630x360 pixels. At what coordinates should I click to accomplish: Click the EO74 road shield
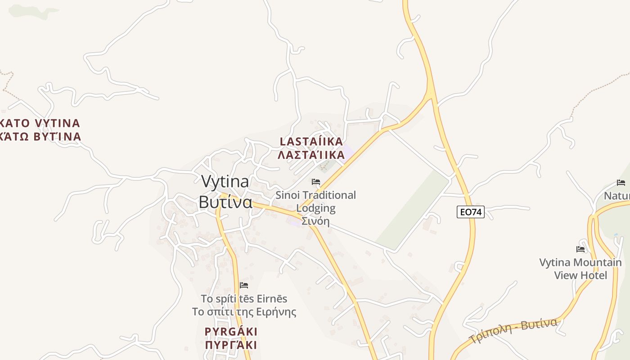pos(470,212)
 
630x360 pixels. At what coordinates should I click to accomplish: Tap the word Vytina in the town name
pos(225,181)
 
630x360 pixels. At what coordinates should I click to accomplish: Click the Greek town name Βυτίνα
pos(225,202)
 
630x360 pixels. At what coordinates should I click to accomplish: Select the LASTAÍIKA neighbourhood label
pos(311,141)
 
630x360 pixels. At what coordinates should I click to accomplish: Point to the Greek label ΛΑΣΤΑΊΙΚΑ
pos(311,155)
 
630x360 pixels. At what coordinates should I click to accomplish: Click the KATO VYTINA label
pos(40,123)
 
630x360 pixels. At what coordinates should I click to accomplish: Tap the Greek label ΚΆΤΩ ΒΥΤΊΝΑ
pos(40,136)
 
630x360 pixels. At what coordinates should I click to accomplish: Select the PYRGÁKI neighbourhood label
pos(231,332)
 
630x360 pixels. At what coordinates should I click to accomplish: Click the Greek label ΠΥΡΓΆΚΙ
pos(231,345)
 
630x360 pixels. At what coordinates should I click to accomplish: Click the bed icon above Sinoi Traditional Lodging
pos(316,182)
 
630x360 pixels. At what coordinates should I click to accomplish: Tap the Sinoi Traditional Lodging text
pos(315,201)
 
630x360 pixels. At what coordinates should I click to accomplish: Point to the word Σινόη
pos(315,221)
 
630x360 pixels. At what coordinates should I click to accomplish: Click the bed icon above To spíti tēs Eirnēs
pos(244,285)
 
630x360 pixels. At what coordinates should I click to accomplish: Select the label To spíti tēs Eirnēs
pos(244,298)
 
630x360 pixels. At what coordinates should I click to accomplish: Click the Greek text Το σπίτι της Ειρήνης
pos(244,312)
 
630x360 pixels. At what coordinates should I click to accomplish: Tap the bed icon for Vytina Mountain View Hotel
pos(580,249)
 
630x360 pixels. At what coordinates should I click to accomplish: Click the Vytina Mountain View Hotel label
pos(580,269)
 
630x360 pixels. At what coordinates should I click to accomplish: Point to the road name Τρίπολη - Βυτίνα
pos(513,330)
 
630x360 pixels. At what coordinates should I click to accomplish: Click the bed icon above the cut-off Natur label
pos(621,182)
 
